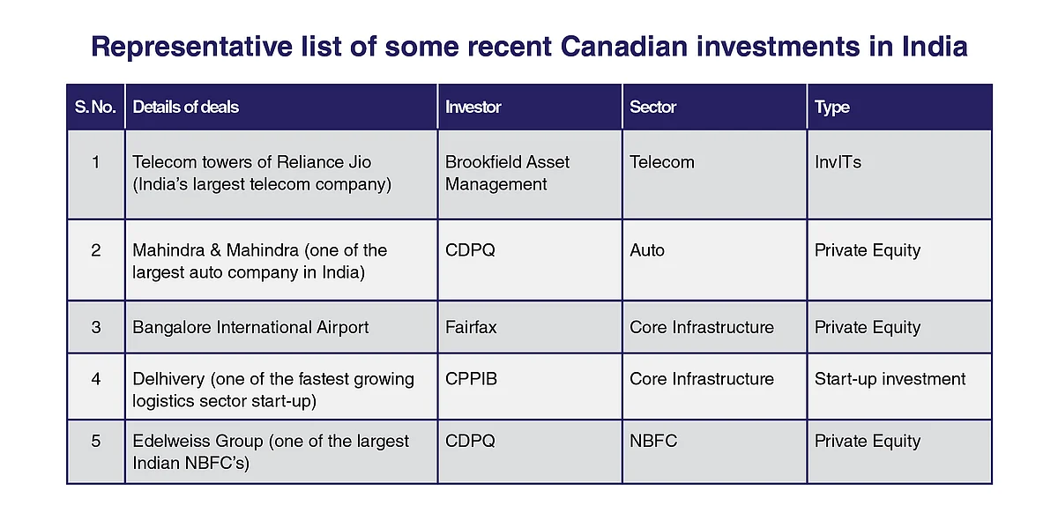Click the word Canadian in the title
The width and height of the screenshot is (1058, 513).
(x=624, y=47)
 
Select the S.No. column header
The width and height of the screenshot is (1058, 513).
(x=95, y=107)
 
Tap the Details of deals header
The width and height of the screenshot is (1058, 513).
(x=186, y=107)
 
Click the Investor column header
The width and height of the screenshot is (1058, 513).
(x=473, y=107)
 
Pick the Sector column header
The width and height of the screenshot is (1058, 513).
(x=652, y=107)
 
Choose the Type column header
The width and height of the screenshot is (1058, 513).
(x=831, y=108)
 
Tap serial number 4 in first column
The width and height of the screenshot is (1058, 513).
(x=96, y=379)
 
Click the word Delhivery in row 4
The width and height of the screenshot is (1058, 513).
(x=168, y=379)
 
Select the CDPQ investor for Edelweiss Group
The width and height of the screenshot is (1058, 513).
(x=471, y=441)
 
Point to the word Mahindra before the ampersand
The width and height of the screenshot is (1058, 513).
(x=168, y=249)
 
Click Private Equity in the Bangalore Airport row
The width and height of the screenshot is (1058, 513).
(x=868, y=327)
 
